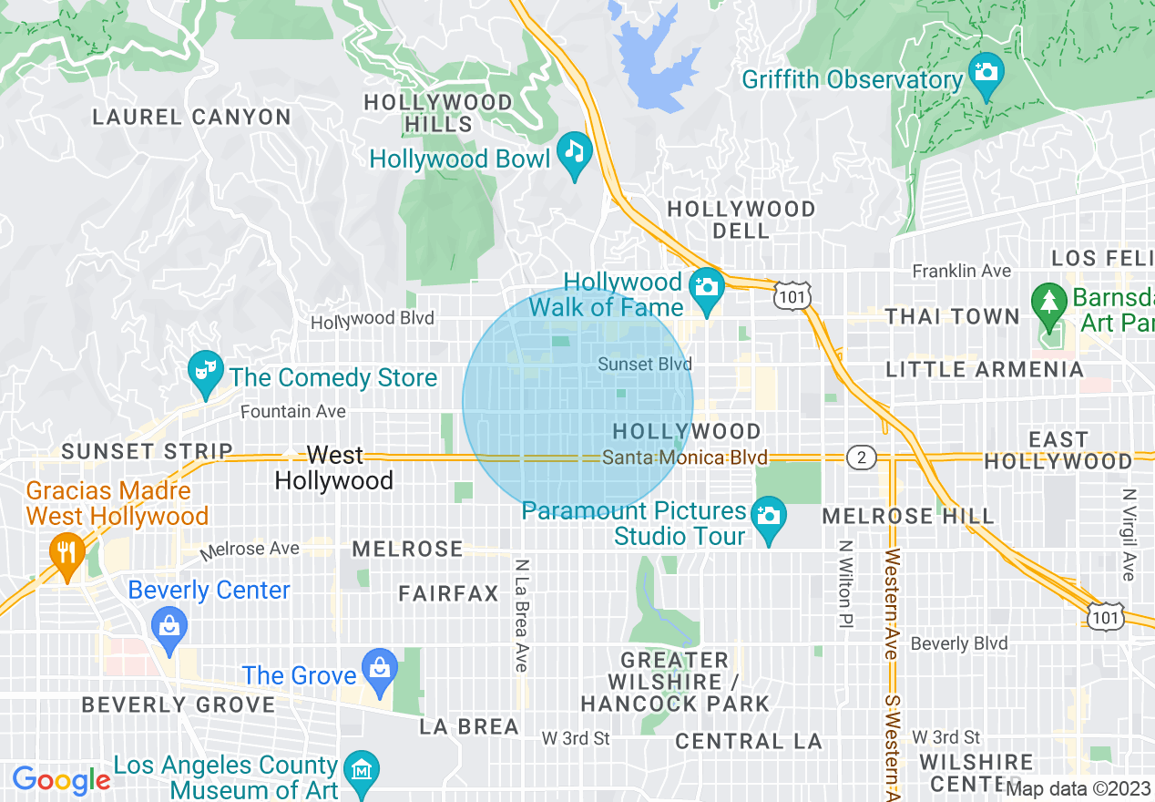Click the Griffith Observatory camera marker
(986, 70)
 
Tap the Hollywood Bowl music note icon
(575, 149)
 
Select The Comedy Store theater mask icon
(204, 369)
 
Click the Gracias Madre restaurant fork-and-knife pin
(66, 551)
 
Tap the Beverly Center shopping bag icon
(169, 626)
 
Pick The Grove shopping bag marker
(379, 668)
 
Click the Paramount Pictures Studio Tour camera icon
(770, 515)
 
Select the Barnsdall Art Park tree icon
(1049, 300)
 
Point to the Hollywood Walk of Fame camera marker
(706, 286)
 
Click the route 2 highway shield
(861, 458)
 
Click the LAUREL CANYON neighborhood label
(192, 117)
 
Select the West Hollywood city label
(334, 468)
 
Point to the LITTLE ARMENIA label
(985, 369)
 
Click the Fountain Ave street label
(293, 412)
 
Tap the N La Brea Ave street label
(521, 615)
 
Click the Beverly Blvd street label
(959, 643)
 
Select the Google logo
(60, 780)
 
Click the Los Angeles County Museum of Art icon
(363, 770)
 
